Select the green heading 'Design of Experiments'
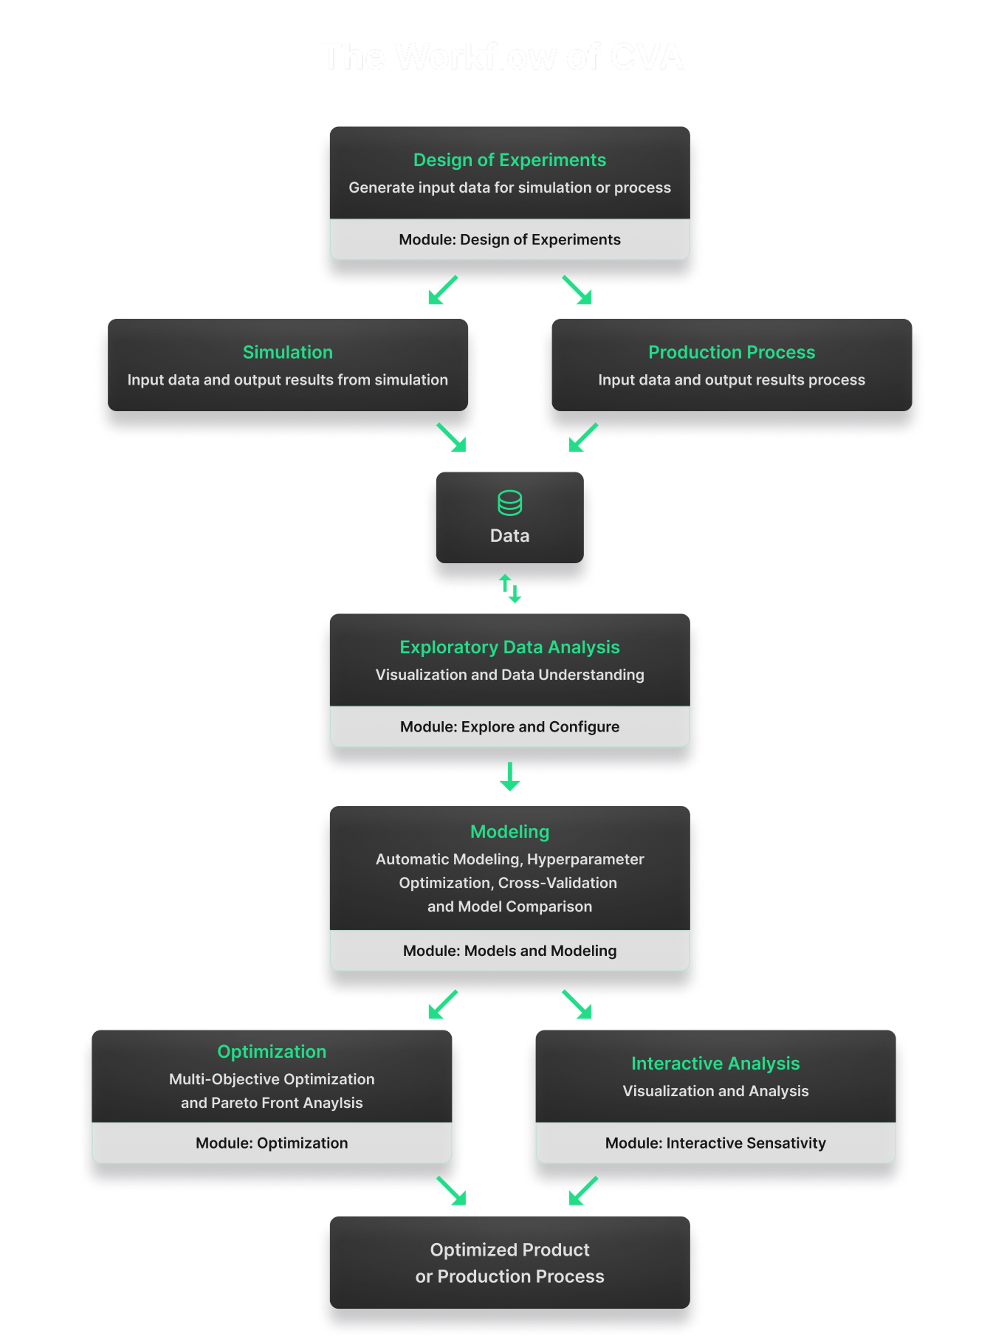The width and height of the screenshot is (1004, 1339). (509, 160)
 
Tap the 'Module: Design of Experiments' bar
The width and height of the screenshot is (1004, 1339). (509, 240)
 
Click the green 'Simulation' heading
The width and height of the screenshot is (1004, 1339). (288, 352)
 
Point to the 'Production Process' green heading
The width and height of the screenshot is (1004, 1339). (731, 352)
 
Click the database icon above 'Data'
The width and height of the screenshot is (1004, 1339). (509, 503)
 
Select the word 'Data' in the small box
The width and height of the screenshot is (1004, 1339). (509, 536)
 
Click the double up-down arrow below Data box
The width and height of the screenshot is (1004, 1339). (509, 588)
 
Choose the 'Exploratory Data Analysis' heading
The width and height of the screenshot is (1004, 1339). (509, 647)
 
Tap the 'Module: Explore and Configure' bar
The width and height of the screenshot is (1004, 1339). (509, 727)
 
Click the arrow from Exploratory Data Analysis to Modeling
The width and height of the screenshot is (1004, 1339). (509, 777)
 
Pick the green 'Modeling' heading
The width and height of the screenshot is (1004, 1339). (509, 832)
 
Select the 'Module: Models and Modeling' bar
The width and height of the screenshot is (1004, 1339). (509, 951)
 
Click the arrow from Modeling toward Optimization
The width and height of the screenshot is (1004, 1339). (442, 1005)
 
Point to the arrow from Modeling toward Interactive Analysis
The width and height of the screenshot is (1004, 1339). (577, 1005)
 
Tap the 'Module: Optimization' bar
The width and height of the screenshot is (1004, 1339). (272, 1143)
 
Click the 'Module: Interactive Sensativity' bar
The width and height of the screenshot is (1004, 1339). (715, 1143)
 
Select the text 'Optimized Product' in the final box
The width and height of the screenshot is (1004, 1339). (509, 1250)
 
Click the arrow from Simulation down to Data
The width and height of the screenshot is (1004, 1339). (452, 437)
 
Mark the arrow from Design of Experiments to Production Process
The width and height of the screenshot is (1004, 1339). (577, 290)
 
